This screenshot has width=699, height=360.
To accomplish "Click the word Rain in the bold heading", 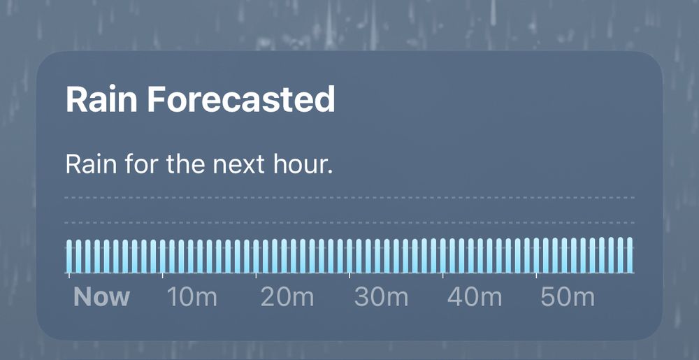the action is pyautogui.click(x=101, y=99).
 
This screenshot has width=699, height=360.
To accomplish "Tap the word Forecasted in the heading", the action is pyautogui.click(x=241, y=99).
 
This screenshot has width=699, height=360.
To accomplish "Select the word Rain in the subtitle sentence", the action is pyautogui.click(x=91, y=164).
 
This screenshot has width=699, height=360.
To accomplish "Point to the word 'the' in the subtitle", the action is pyautogui.click(x=187, y=164).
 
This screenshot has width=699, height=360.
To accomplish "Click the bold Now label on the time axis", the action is pyautogui.click(x=101, y=296).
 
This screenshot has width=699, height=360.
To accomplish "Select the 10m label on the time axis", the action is pyautogui.click(x=192, y=296).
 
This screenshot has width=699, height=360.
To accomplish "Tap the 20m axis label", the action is pyautogui.click(x=287, y=296).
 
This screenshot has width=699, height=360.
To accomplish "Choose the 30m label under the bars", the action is pyautogui.click(x=381, y=296).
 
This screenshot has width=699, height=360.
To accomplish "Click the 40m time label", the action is pyautogui.click(x=475, y=296).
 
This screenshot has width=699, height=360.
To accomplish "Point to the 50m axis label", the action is pyautogui.click(x=568, y=296).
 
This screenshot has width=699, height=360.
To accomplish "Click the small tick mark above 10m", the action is pyautogui.click(x=162, y=276).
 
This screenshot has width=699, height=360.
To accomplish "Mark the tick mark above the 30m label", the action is pyautogui.click(x=349, y=276).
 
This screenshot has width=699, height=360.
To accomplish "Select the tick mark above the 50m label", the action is pyautogui.click(x=536, y=276).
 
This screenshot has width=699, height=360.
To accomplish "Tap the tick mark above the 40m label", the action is pyautogui.click(x=442, y=276).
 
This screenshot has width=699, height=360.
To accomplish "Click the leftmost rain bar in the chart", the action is pyautogui.click(x=69, y=256).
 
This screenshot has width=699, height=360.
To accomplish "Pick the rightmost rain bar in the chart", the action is pyautogui.click(x=630, y=255).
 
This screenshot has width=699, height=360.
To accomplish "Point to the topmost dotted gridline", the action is pyautogui.click(x=349, y=197).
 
